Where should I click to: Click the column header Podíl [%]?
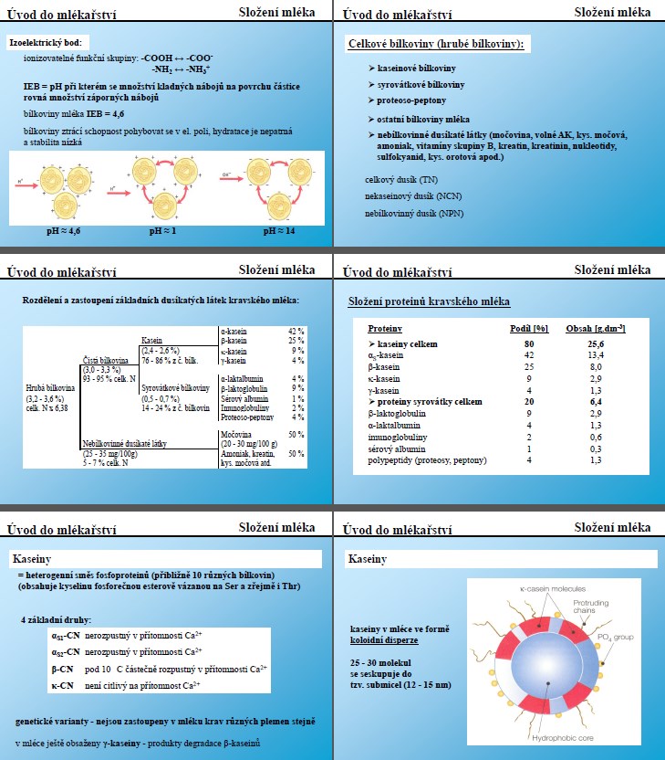pyautogui.click(x=526, y=328)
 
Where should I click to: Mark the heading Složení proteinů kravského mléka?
pyautogui.click(x=430, y=301)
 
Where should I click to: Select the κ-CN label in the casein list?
pyautogui.click(x=63, y=683)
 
